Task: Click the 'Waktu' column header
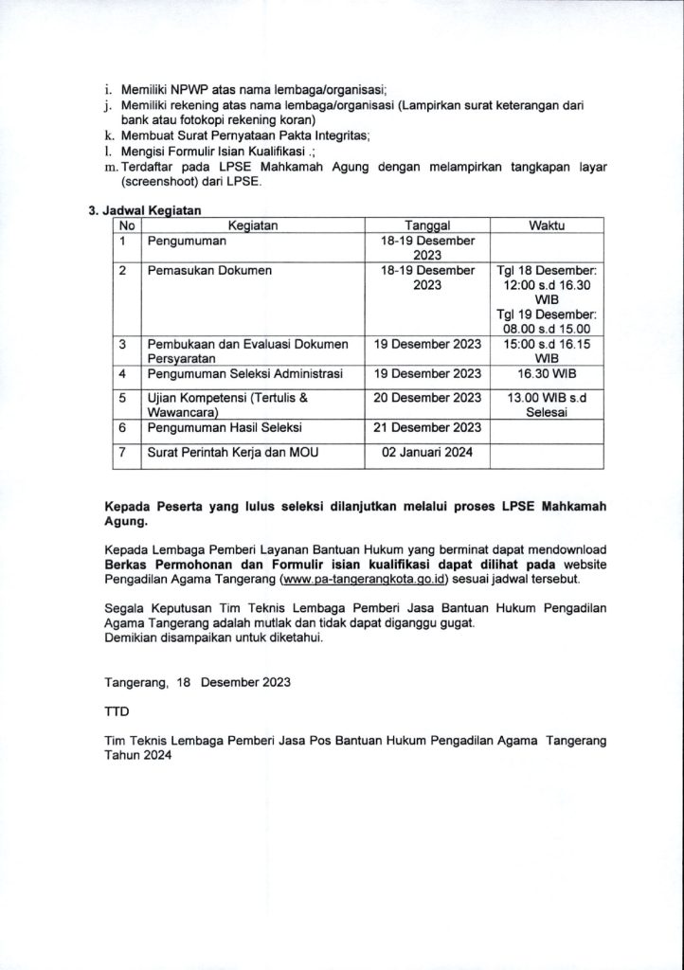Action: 547,225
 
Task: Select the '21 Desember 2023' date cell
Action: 427,427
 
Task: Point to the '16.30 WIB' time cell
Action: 547,373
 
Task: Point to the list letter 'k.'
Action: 109,135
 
